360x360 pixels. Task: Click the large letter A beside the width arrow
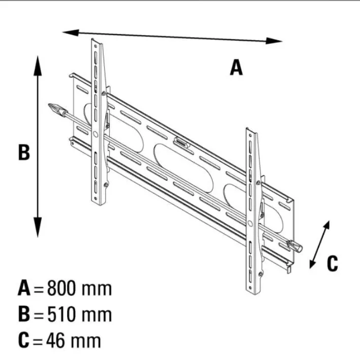pos(236,67)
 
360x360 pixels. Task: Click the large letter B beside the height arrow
pos(24,152)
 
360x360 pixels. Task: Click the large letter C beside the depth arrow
pos(332,263)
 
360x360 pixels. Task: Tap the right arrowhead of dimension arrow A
pos(274,41)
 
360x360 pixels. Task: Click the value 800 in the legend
pos(62,288)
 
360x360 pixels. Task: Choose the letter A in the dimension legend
pos(24,288)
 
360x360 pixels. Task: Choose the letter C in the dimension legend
pos(24,340)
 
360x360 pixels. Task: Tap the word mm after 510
pos(97,315)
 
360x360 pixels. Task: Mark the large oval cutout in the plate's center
pos(184,168)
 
